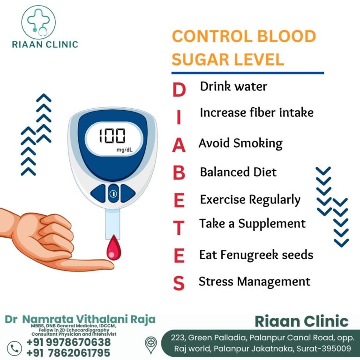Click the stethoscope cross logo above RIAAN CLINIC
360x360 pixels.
pyautogui.click(x=38, y=22)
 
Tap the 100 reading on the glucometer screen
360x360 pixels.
pyautogui.click(x=112, y=135)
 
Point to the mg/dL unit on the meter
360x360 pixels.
pyautogui.click(x=124, y=150)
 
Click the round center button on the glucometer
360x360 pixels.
pyautogui.click(x=113, y=194)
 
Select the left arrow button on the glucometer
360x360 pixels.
pyautogui.click(x=98, y=193)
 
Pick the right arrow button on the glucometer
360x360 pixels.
pyautogui.click(x=128, y=193)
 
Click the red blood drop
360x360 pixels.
pyautogui.click(x=113, y=247)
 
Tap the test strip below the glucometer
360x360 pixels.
pyautogui.click(x=112, y=225)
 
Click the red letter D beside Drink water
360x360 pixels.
pyautogui.click(x=179, y=90)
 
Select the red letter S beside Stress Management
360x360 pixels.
pyautogui.click(x=179, y=283)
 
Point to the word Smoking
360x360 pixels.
pyautogui.click(x=258, y=143)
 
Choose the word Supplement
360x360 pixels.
pyautogui.click(x=272, y=224)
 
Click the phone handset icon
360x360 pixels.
pyautogui.click(x=14, y=349)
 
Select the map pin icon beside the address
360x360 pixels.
pyautogui.click(x=151, y=345)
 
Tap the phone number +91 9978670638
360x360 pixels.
pyautogui.click(x=68, y=342)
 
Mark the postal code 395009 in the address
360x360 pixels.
pyautogui.click(x=336, y=349)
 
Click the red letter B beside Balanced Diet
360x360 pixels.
pyautogui.click(x=179, y=172)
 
